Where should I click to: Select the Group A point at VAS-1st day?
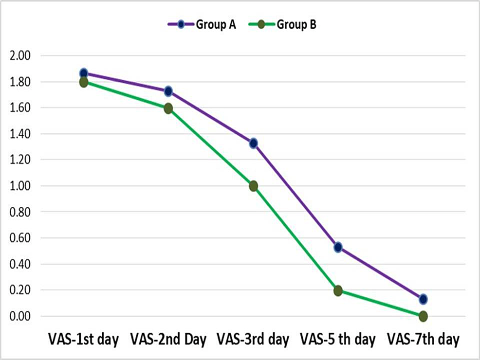point(84,73)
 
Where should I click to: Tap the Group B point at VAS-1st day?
point(84,82)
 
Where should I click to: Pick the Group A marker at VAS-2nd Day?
point(168,91)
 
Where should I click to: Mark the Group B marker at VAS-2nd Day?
point(168,108)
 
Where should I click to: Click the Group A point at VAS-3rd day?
point(253,144)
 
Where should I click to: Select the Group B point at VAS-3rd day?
point(253,186)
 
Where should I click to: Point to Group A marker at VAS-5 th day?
point(338,248)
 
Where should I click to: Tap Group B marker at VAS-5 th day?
point(338,290)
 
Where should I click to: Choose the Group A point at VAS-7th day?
point(423,299)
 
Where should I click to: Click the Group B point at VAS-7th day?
point(423,316)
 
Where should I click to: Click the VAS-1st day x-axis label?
point(83,339)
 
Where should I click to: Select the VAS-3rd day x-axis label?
point(253,339)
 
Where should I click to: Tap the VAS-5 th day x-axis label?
point(338,339)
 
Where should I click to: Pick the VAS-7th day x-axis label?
point(423,339)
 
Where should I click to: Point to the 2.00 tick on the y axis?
point(20,56)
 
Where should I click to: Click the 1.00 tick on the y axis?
point(20,186)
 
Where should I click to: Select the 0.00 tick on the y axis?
point(20,316)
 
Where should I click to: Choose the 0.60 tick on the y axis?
point(20,238)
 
